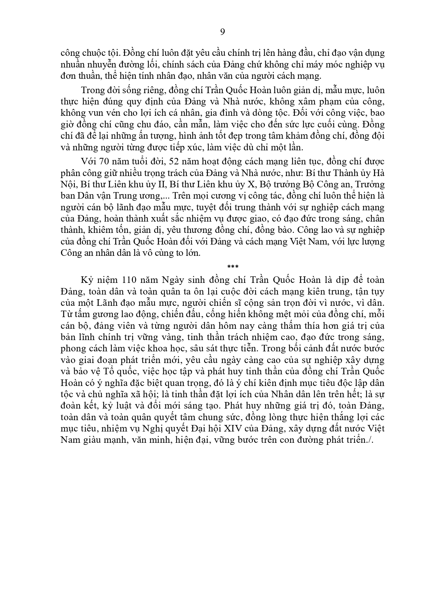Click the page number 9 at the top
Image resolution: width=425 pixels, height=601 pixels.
click(222, 32)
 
